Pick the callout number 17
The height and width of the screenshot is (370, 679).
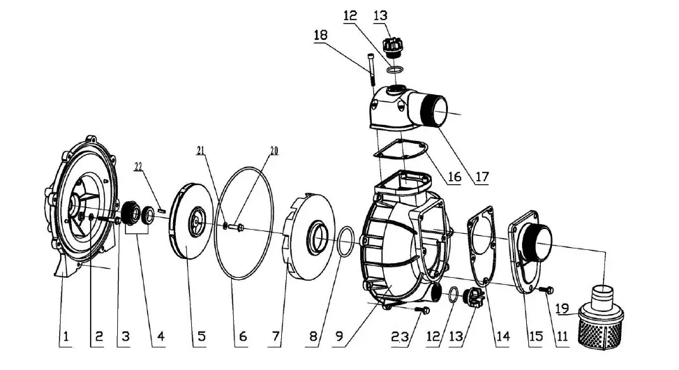[x=481, y=177]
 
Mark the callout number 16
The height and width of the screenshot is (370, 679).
[x=454, y=177]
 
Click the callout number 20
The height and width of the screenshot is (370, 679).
[x=274, y=150]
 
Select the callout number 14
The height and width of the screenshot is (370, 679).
[x=503, y=338]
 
